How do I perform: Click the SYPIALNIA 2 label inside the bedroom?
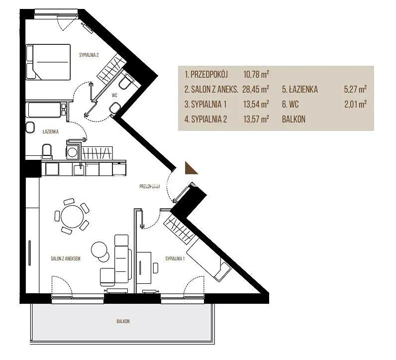coord(89,55)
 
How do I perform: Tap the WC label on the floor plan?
coord(114,95)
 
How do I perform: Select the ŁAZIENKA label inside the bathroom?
coord(51,131)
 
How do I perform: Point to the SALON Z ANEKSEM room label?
coord(65,258)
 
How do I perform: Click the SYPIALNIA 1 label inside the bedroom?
coord(175,258)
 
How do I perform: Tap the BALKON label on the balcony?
coord(123,321)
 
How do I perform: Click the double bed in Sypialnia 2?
coord(48,62)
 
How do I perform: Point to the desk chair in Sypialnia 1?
coord(156,268)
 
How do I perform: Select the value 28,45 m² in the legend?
coord(256,89)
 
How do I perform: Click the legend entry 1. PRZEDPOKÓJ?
coord(206,75)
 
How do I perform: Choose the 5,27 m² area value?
coord(355,89)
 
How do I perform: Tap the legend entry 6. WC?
coord(290,104)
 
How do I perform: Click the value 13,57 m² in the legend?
coord(256,119)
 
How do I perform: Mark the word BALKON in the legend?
coord(294,119)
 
